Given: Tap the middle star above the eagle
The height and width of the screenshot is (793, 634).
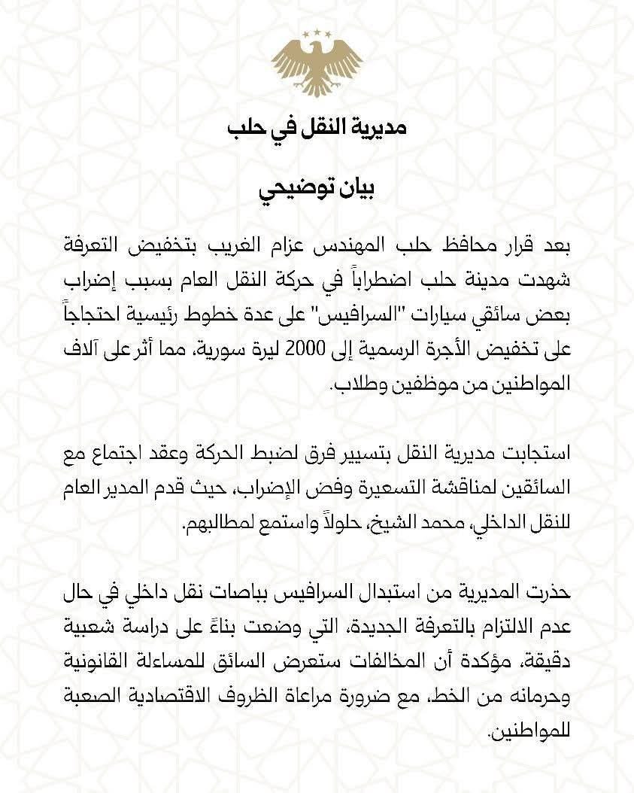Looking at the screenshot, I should [317, 32].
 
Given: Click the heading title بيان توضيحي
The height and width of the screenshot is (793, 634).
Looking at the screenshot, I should [317, 188].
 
